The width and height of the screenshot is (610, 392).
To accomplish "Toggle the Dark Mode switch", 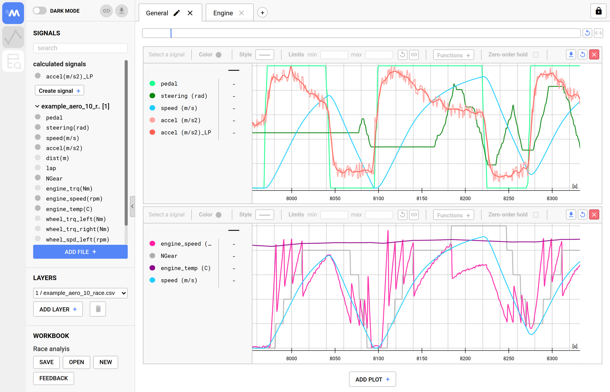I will coord(40,11).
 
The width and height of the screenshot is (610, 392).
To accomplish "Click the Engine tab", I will coord(223,13).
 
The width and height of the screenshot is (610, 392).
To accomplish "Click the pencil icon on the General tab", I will coord(177,13).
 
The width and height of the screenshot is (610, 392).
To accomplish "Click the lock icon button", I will coord(598,11).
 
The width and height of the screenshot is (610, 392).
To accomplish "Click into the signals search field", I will coord(80,48).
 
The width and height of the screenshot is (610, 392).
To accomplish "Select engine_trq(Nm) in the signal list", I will coord(69,189).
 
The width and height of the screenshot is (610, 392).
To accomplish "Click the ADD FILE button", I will coord(80,252).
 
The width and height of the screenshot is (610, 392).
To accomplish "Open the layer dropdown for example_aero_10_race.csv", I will coord(80,293).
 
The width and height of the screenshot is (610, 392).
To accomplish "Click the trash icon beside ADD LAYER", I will coord(98,309).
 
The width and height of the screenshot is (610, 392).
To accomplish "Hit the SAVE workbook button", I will coord(46,362).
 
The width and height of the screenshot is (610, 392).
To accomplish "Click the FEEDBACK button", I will coord(53,378).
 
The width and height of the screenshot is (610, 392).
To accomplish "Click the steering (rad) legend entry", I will coord(184,96).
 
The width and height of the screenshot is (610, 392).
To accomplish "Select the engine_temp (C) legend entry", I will coord(185,268).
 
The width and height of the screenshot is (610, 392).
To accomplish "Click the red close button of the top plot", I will coord(594,55).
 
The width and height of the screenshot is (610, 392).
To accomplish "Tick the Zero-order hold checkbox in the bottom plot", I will coord(536,215).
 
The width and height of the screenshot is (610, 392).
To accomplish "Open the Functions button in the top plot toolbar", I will coord(453,55).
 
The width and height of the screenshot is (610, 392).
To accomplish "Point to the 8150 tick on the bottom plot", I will coord(422,358).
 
